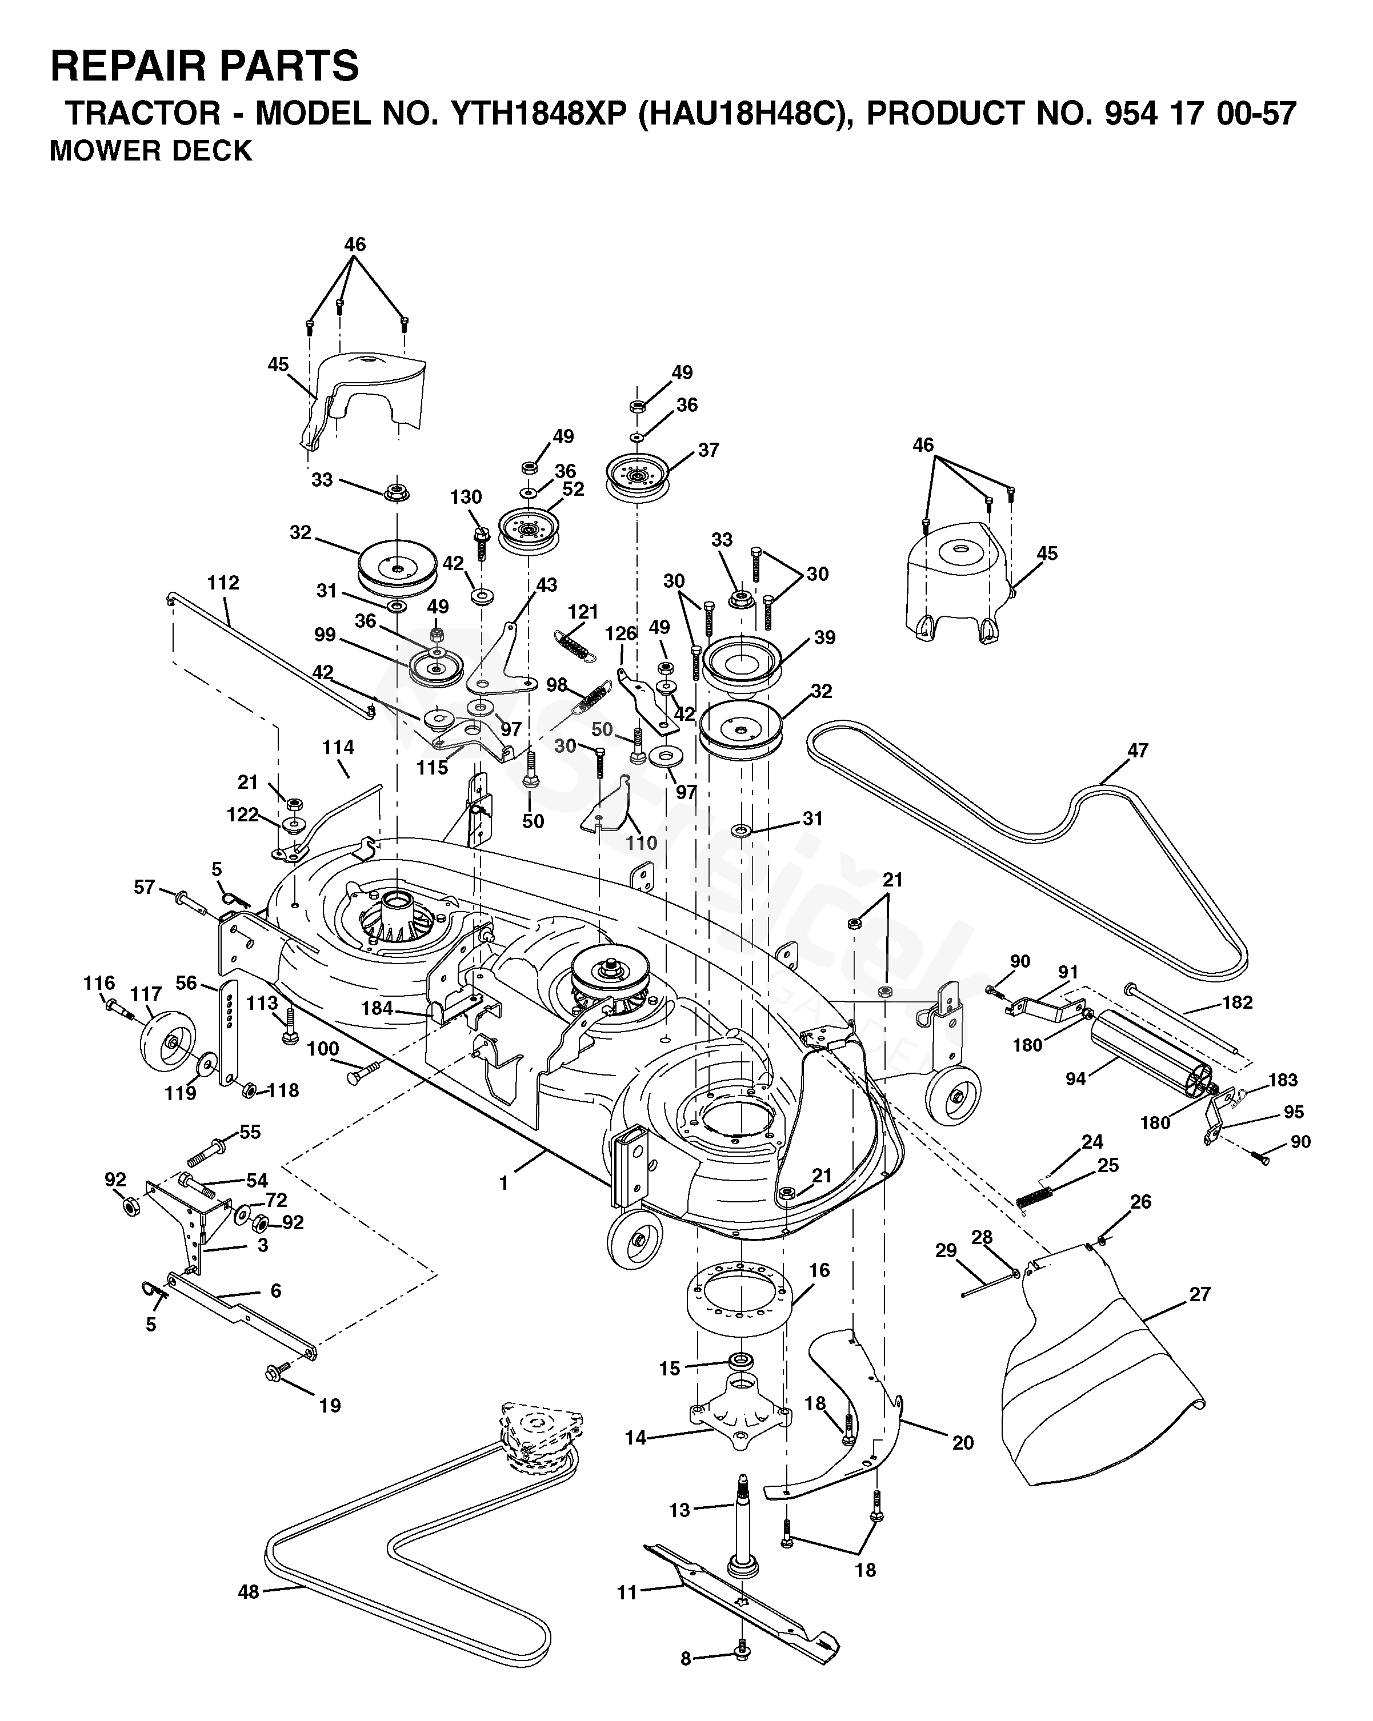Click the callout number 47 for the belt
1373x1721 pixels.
[x=1138, y=751]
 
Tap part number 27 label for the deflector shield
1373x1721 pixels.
[x=1200, y=1294]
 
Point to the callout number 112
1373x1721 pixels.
[x=223, y=583]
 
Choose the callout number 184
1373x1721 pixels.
[x=376, y=1008]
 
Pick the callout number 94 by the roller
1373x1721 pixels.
[x=1075, y=1079]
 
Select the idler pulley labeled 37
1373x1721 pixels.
[x=637, y=478]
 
